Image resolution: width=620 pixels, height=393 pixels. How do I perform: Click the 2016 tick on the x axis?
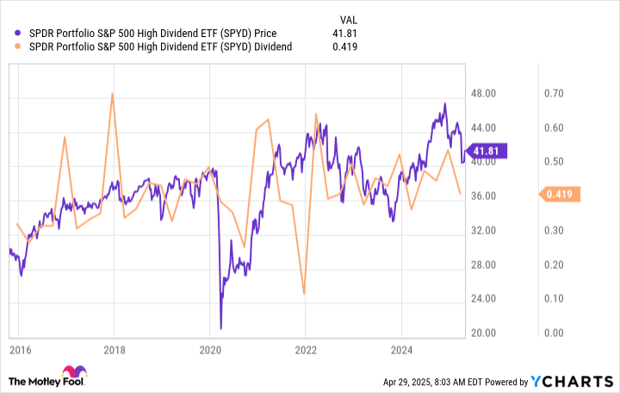point(21,351)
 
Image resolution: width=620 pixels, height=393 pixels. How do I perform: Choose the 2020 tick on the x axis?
point(210,351)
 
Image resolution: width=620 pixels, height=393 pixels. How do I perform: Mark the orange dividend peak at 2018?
point(112,94)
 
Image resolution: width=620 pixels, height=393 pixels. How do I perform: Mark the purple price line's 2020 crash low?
point(221,327)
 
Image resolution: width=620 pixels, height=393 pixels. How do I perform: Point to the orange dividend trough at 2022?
point(304,294)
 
